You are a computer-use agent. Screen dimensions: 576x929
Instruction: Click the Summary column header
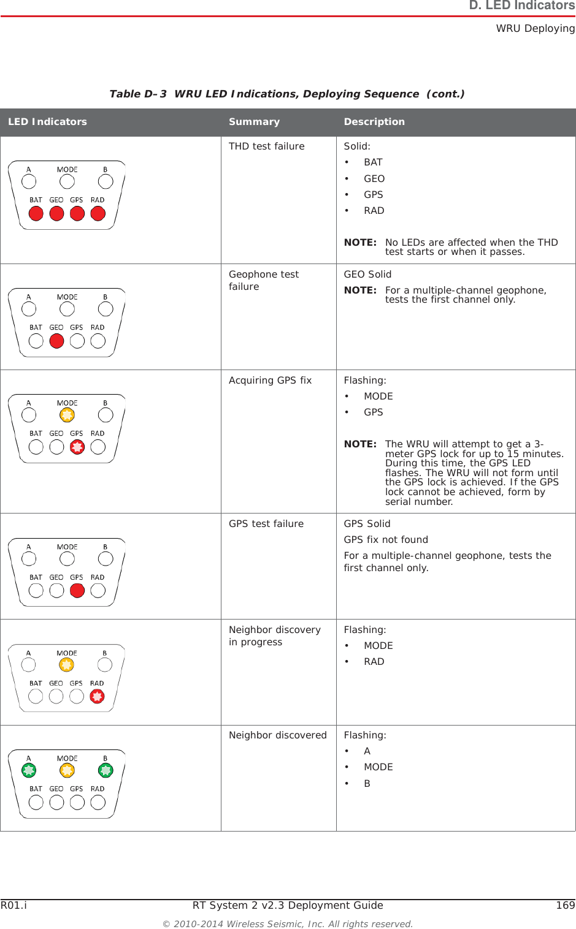tap(254, 122)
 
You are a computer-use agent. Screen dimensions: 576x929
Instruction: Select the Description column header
tap(374, 122)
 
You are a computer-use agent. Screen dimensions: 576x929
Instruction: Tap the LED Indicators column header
tap(47, 122)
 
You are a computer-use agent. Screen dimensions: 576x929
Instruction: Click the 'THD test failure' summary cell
tap(266, 146)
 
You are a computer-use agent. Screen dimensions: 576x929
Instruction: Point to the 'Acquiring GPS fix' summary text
tap(270, 381)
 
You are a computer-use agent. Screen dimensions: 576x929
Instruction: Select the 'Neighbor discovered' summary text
tap(277, 735)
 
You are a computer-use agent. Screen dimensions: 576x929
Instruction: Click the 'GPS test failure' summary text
tap(266, 524)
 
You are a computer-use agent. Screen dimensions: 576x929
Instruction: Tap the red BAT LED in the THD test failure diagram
tap(36, 214)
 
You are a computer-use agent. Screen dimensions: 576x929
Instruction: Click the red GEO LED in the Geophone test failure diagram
tap(56, 341)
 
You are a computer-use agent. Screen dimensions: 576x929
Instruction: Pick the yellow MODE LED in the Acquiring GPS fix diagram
tap(67, 415)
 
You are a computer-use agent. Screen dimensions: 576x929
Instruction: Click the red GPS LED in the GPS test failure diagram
tap(77, 591)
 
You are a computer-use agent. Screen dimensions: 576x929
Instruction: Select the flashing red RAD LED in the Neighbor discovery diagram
tap(97, 697)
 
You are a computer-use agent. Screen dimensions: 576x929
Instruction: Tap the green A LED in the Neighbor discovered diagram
tap(29, 770)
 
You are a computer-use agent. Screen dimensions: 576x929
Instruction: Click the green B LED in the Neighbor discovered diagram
tap(106, 770)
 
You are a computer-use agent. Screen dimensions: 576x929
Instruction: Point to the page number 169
tap(565, 906)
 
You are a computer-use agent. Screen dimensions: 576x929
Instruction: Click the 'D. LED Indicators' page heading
tap(521, 6)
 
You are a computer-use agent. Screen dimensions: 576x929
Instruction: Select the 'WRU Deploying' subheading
tap(535, 28)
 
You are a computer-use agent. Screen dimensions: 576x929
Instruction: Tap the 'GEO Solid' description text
tap(367, 275)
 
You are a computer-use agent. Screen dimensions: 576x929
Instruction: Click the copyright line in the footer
tap(288, 924)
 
